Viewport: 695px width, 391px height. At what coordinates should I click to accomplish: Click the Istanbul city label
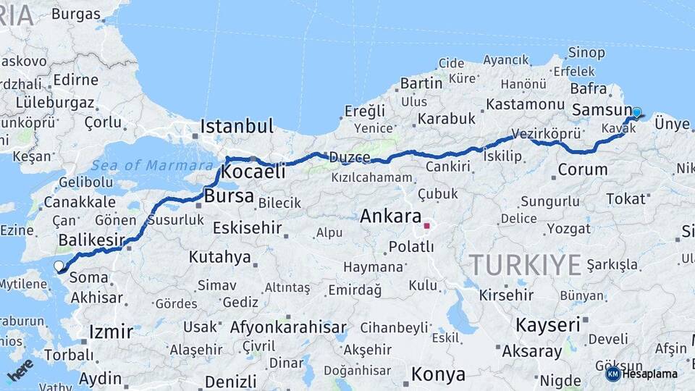pos(237,126)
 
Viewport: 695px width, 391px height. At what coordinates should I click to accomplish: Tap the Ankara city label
pos(390,216)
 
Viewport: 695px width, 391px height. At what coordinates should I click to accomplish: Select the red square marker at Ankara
pos(426,225)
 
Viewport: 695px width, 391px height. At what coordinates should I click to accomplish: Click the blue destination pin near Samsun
pos(636,113)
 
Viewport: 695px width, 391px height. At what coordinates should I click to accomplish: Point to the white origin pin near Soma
pos(59,266)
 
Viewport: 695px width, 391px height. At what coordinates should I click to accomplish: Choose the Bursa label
pos(229,195)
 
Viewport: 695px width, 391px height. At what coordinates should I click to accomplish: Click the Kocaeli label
pos(253,172)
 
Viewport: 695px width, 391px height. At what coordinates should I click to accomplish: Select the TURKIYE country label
pos(525,265)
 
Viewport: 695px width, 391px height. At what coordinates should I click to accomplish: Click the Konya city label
pos(438,374)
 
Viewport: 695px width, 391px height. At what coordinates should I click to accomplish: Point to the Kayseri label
pos(548,325)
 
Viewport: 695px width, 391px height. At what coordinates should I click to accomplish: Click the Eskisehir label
pos(247,227)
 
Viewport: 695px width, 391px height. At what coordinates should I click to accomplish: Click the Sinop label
pos(586,52)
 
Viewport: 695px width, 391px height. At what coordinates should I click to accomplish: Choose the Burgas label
pos(75,14)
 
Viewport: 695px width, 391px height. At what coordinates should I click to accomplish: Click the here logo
pos(20,369)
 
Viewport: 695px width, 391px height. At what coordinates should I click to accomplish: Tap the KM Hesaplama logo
pos(641,374)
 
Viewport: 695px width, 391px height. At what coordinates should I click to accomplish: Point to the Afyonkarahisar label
pos(288,327)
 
